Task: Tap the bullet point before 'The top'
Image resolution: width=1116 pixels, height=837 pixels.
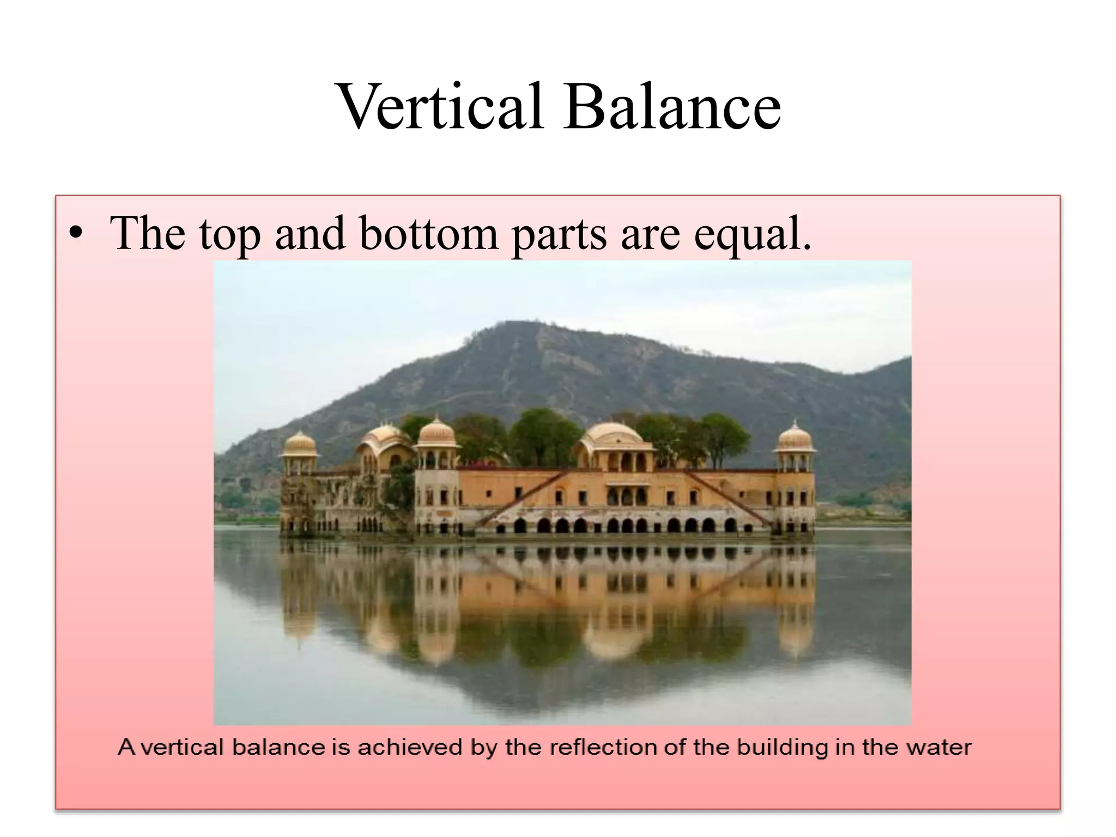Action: point(76,233)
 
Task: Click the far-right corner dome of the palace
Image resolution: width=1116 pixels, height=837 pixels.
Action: point(795,438)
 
